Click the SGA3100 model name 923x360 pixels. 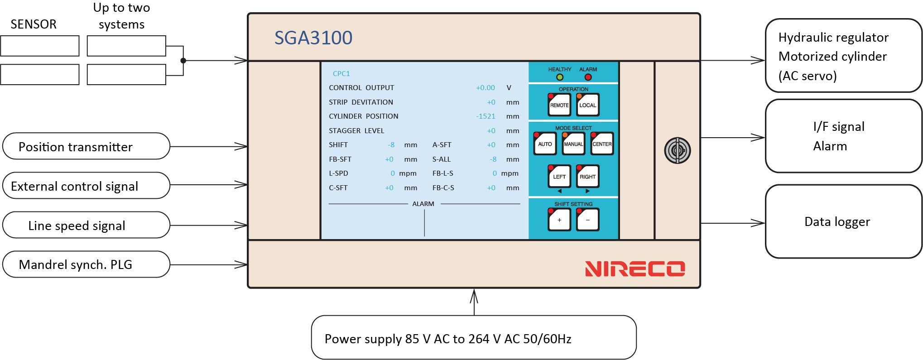pyautogui.click(x=313, y=38)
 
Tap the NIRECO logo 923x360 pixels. pyautogui.click(x=635, y=269)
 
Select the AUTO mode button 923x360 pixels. pyautogui.click(x=545, y=144)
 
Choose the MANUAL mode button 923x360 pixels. pyautogui.click(x=573, y=144)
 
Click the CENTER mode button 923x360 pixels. pyautogui.click(x=602, y=144)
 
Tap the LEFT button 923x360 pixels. pyautogui.click(x=559, y=176)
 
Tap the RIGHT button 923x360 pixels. pyautogui.click(x=587, y=176)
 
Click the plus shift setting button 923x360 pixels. pyautogui.click(x=559, y=220)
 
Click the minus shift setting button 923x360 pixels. pyautogui.click(x=587, y=220)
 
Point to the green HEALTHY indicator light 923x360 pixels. pyautogui.click(x=560, y=77)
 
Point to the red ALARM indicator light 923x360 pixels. pyautogui.click(x=588, y=77)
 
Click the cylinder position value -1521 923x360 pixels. pyautogui.click(x=486, y=116)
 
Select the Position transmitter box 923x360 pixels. pyautogui.click(x=86, y=146)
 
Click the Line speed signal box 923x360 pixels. pyautogui.click(x=86, y=225)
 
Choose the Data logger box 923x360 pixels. pyautogui.click(x=843, y=221)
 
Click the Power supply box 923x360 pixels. pyautogui.click(x=474, y=337)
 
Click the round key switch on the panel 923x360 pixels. pyautogui.click(x=677, y=150)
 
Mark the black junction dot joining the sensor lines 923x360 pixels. pyautogui.click(x=183, y=60)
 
